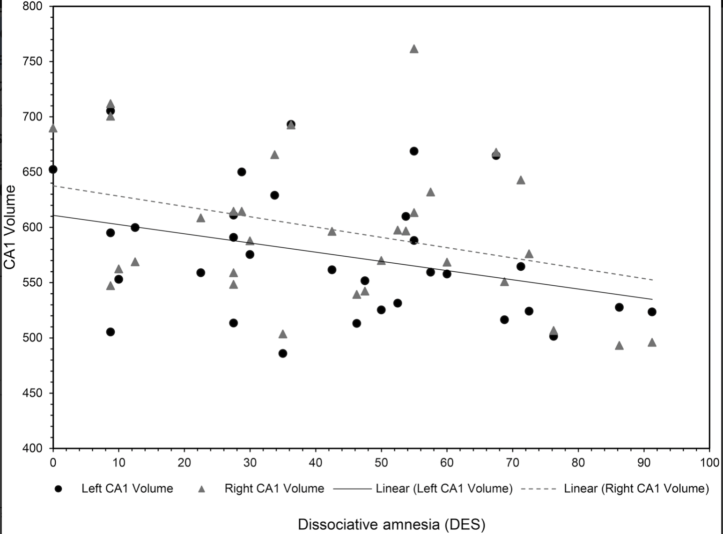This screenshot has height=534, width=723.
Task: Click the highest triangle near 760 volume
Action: [414, 49]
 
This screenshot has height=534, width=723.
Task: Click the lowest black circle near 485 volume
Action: [283, 353]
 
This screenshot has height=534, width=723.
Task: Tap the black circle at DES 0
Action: [53, 169]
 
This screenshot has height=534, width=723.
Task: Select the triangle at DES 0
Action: [53, 128]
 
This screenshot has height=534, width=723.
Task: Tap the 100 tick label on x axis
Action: [710, 463]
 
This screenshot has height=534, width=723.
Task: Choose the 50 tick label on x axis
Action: [381, 463]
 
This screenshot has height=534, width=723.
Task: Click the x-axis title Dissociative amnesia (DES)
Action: [391, 524]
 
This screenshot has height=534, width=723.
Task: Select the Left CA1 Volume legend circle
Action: [59, 489]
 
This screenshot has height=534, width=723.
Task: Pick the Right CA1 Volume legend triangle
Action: [202, 489]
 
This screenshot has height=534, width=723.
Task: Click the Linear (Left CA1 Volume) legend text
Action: [444, 489]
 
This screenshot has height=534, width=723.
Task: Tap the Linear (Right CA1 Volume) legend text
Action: [636, 489]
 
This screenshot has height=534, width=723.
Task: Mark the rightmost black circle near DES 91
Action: [652, 312]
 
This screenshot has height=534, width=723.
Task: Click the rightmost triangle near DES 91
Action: [652, 342]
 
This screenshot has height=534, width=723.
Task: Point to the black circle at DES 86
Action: [619, 307]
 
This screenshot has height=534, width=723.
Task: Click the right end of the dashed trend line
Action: [652, 280]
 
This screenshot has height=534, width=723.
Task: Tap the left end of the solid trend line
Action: [53, 215]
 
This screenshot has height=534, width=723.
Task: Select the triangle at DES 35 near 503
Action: [283, 334]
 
